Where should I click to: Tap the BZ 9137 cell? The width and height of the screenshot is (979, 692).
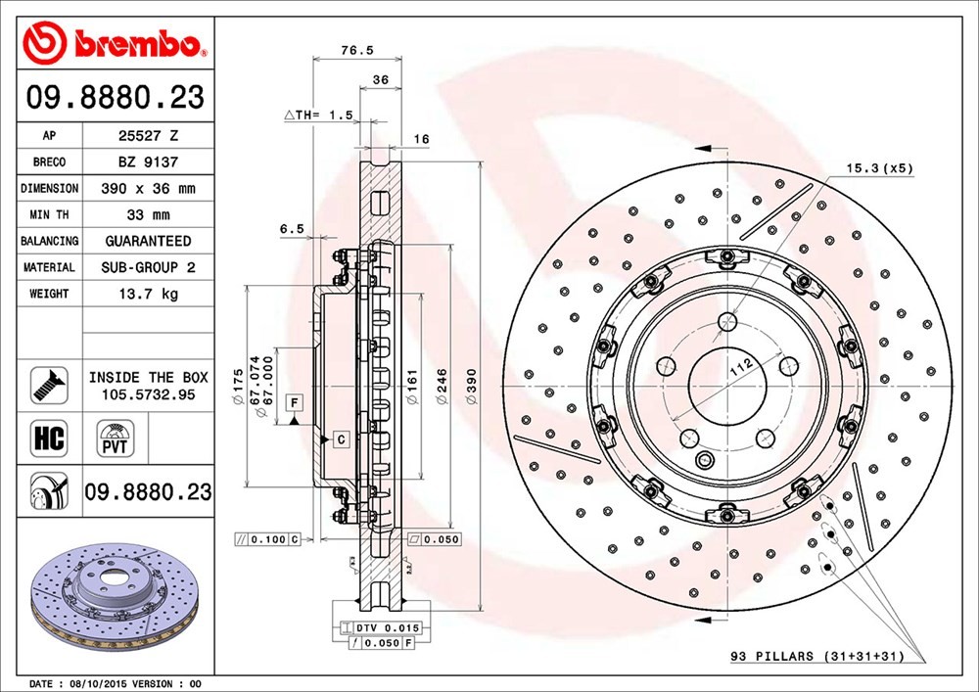point(148,162)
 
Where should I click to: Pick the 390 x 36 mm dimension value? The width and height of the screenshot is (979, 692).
point(148,189)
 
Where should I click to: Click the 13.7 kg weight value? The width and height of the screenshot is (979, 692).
point(148,294)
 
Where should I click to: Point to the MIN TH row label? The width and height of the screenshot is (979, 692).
point(49,214)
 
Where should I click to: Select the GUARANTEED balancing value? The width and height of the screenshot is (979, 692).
point(148,241)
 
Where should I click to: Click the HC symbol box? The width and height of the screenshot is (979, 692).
point(49,438)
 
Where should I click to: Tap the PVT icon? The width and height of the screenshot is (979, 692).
point(115,438)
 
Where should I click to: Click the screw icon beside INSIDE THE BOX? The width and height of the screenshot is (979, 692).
point(49,385)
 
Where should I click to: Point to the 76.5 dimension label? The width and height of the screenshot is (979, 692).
point(357,51)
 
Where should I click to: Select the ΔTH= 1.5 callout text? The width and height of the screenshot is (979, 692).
point(318,115)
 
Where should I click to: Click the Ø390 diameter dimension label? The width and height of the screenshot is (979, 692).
point(472,387)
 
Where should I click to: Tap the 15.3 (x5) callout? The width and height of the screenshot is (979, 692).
point(879,167)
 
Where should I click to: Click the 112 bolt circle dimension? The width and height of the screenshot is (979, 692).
point(741,367)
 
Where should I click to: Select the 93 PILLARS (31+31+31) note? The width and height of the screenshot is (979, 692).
point(817,656)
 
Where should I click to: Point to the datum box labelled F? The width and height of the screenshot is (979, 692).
point(294,402)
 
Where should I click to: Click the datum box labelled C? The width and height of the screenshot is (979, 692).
point(341,439)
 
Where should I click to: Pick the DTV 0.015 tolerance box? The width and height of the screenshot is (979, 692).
point(381,627)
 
